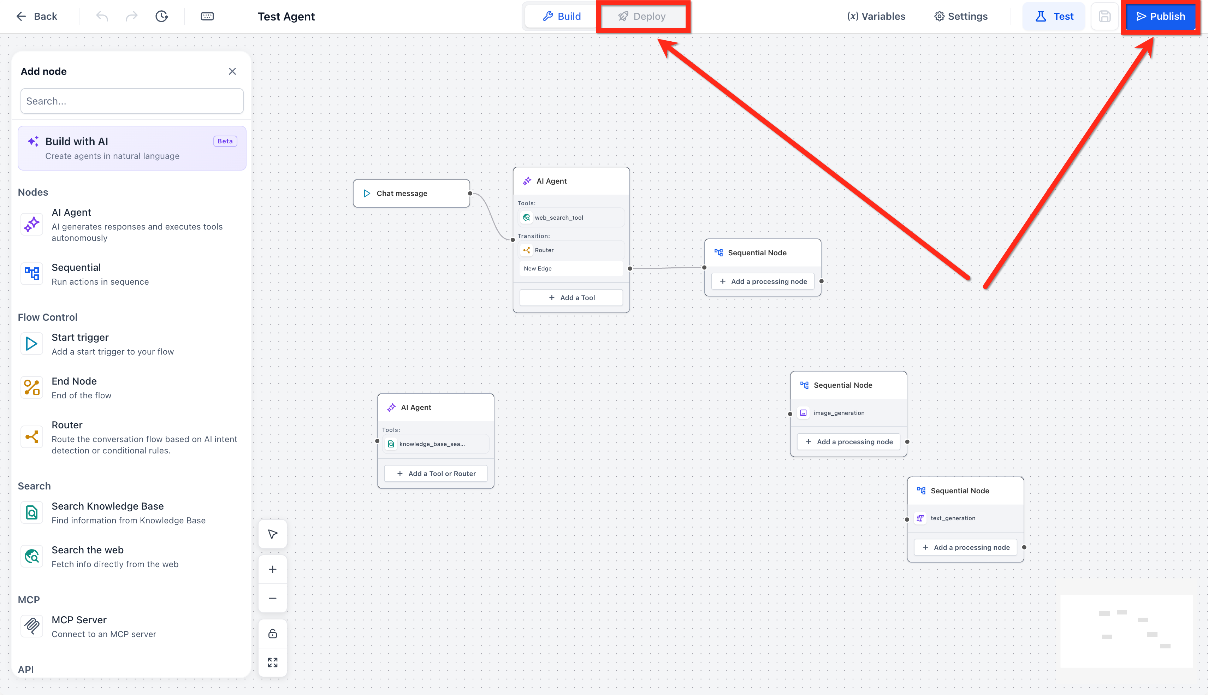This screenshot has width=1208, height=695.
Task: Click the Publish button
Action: click(x=1160, y=16)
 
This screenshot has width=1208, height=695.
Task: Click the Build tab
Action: click(x=561, y=16)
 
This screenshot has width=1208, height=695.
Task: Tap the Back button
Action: click(x=37, y=16)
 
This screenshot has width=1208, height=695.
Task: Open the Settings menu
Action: click(x=961, y=16)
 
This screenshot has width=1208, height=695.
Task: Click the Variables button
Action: click(x=876, y=16)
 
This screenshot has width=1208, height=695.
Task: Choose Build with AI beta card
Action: click(x=132, y=148)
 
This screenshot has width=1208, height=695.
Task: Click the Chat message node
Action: click(x=411, y=193)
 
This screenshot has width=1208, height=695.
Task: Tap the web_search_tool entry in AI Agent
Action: click(x=571, y=217)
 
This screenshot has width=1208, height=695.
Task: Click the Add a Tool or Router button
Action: click(x=436, y=474)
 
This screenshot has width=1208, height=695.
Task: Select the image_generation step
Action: click(x=849, y=413)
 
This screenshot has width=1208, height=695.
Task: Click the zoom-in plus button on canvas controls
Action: click(x=273, y=569)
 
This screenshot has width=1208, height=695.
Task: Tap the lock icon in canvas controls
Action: click(x=273, y=634)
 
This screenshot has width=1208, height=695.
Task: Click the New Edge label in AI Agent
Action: click(x=538, y=268)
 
